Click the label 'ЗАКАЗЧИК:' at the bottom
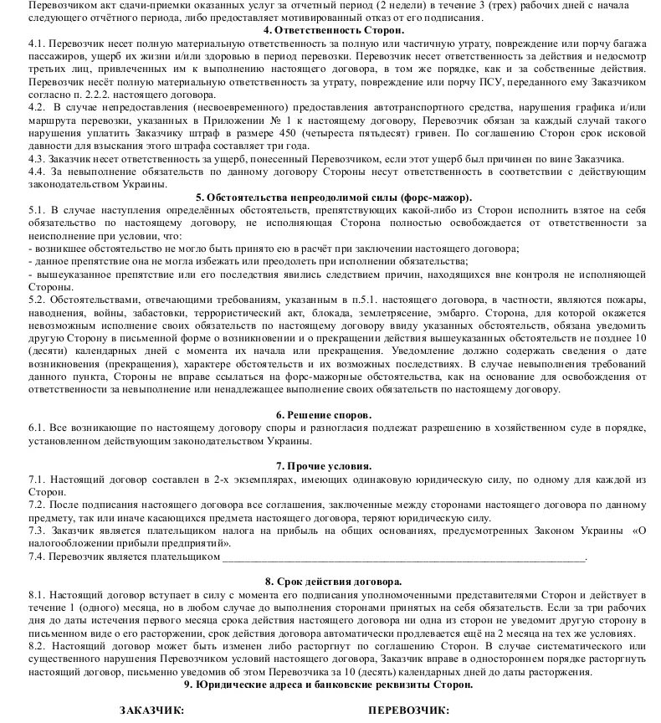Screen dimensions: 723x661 click(151, 710)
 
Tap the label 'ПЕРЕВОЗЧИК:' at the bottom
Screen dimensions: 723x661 click(408, 710)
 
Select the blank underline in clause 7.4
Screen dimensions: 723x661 click(402, 556)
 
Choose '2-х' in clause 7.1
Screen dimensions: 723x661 click(215, 479)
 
